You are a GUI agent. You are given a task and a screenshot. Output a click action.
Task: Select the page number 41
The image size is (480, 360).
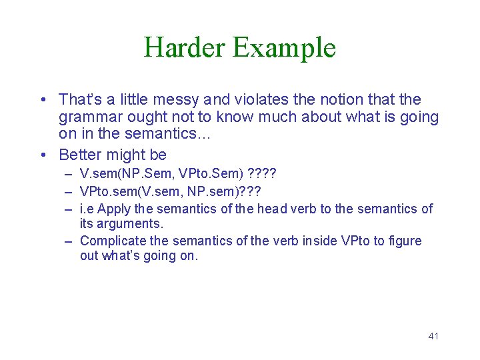(x=433, y=336)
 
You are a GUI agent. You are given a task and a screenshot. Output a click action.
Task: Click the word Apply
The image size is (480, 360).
(x=114, y=209)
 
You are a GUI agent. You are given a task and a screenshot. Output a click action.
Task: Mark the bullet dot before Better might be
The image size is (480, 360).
(x=43, y=155)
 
